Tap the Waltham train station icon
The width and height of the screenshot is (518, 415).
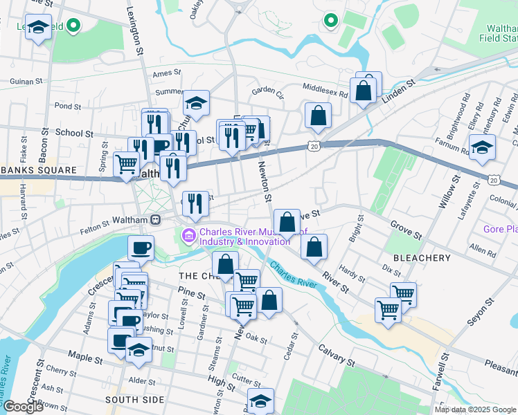pos(157,220)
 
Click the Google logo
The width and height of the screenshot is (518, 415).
pos(23,407)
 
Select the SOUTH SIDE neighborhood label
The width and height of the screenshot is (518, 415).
pos(134,400)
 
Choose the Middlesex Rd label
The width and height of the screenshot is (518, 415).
pos(325,87)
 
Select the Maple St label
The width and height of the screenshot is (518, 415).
pos(84,355)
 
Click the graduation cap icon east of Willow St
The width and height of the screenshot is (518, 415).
pos(482,146)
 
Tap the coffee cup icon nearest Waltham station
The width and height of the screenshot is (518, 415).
pos(141,247)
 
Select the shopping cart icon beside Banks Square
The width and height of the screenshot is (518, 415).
pos(126,165)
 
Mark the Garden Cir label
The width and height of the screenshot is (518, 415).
pos(268,90)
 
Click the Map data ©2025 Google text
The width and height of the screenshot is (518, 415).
pos(475,409)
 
